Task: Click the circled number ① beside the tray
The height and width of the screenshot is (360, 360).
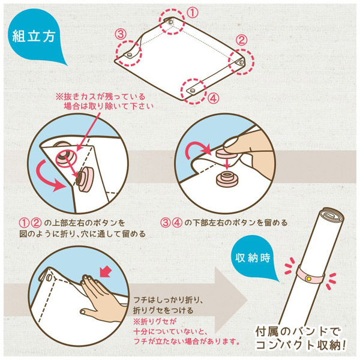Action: [193, 13]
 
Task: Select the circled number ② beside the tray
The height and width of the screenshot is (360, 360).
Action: [241, 40]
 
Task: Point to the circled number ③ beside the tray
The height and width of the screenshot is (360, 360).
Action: [121, 34]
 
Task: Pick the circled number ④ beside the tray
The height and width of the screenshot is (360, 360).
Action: [213, 99]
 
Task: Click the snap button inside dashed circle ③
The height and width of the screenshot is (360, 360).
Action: [129, 55]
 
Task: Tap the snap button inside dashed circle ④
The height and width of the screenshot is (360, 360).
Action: [193, 91]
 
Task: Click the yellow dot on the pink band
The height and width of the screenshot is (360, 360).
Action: [309, 279]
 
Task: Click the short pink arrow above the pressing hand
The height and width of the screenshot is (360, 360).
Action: [106, 272]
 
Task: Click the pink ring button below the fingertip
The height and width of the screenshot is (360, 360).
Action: [227, 179]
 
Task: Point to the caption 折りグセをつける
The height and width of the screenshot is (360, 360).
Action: [163, 311]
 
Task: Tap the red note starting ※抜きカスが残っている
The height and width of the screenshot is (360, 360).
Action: [104, 101]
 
